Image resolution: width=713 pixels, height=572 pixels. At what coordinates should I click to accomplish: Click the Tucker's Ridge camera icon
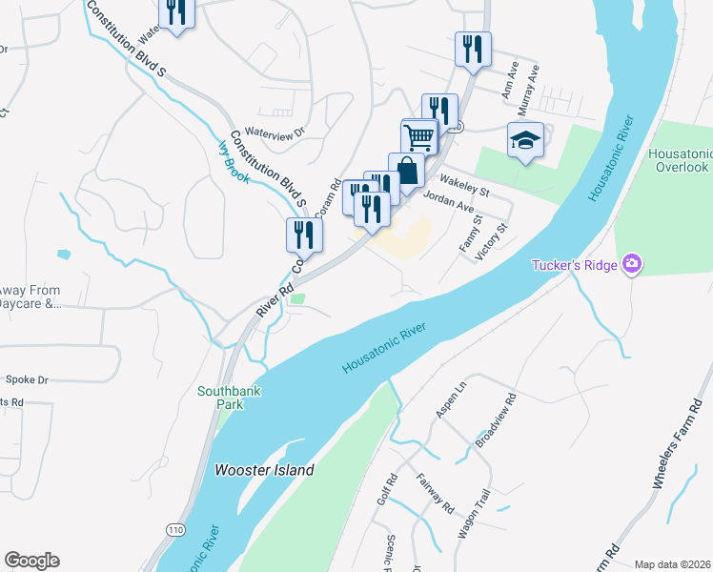pos(630,264)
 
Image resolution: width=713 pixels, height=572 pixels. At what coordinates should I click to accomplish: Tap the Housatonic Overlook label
pos(678,160)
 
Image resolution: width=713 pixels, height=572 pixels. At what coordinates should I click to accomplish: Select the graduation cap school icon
pos(525,140)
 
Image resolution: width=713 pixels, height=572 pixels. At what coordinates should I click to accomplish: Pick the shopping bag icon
pos(406,172)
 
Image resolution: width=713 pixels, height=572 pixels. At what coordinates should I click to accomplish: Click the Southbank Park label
pos(229,398)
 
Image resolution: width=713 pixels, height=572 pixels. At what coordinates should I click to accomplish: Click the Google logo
pos(31,561)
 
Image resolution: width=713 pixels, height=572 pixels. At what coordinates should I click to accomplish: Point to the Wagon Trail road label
pos(473,516)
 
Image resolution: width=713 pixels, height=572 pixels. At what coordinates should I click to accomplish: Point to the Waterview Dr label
pos(273,133)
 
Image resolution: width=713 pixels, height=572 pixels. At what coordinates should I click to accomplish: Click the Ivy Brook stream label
pos(234,162)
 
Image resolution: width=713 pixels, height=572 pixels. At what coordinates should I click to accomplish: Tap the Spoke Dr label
pos(27,379)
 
